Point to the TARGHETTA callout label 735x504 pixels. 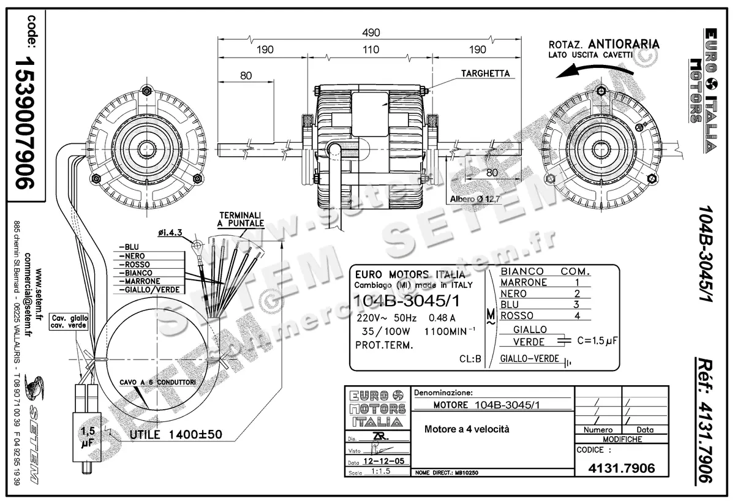[x=486, y=73]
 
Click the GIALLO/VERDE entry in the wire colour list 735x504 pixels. [x=150, y=289]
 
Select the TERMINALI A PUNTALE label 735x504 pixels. [x=241, y=220]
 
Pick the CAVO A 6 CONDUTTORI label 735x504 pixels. [x=167, y=382]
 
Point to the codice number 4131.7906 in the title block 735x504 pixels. [x=621, y=468]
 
